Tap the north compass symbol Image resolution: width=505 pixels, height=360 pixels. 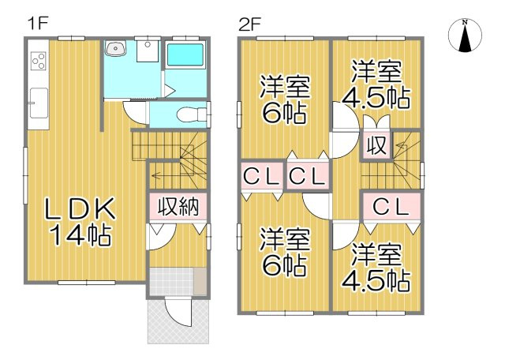pos(465,36)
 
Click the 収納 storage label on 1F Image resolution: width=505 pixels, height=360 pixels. pos(178,207)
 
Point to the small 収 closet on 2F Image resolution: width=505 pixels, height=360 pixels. pos(374,147)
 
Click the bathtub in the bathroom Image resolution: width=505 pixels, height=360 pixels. pos(186,58)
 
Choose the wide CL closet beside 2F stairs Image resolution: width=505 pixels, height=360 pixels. pos(391,207)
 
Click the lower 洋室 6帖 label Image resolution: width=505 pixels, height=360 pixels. pos(282,251)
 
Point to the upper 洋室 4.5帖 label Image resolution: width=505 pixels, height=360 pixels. pos(375,84)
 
